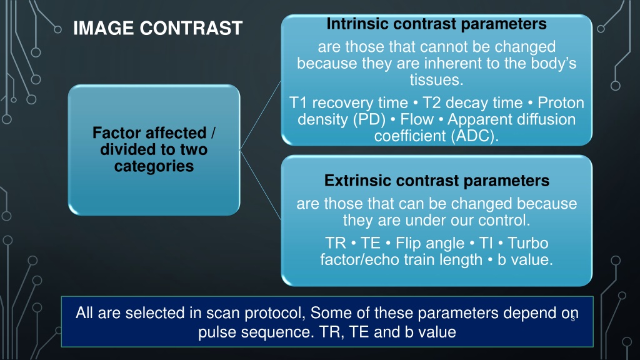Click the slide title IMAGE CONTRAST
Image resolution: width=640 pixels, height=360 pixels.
point(157,28)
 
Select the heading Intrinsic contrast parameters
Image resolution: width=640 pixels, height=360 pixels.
point(436,24)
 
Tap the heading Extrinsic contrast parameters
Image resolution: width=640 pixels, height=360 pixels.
point(437,181)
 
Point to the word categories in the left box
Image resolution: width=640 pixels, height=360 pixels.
point(154,166)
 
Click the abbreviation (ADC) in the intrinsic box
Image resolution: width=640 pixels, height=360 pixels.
point(475,136)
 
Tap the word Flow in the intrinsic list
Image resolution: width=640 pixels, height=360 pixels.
point(417,119)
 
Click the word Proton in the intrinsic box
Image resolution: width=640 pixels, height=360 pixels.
point(561,103)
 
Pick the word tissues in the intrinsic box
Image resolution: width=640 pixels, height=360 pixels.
point(436,80)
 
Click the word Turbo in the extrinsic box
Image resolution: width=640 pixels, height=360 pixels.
point(527,243)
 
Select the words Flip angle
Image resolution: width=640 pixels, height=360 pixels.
point(430,244)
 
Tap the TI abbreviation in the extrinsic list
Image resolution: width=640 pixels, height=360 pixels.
point(486,243)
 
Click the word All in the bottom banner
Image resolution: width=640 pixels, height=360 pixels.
point(84,313)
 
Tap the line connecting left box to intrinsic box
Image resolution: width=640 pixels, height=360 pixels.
point(261,116)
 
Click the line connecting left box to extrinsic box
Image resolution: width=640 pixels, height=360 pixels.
point(261,185)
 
